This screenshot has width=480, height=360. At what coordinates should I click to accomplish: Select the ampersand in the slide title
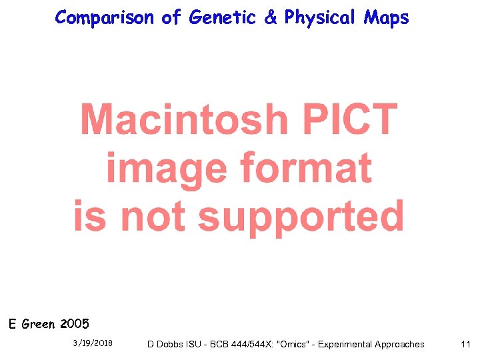[x=270, y=18]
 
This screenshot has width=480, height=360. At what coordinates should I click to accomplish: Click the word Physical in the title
[x=321, y=18]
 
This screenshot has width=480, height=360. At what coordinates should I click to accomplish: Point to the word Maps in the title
[x=386, y=18]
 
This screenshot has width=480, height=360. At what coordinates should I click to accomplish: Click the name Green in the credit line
[x=39, y=325]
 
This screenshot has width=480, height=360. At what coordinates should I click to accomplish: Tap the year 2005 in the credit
[x=74, y=325]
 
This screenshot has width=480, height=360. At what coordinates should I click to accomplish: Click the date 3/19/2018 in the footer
[x=92, y=343]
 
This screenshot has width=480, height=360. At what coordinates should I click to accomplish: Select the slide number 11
[x=465, y=344]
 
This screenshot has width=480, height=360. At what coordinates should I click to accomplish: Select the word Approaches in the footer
[x=399, y=344]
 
